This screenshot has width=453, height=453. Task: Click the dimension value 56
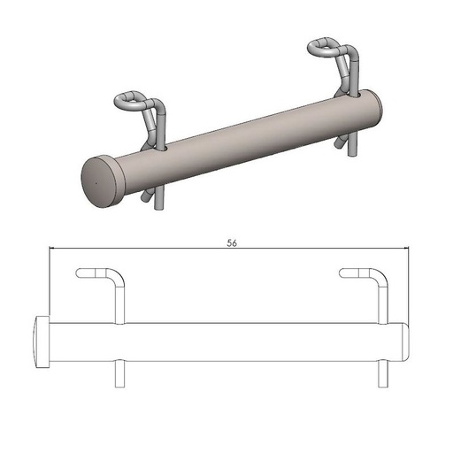(x=231, y=241)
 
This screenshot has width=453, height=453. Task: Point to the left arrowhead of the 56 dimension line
(x=52, y=249)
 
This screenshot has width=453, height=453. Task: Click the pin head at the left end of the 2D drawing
(x=41, y=342)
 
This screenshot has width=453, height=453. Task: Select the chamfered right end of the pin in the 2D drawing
(x=404, y=342)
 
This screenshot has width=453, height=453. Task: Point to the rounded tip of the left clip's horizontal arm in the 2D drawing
(x=82, y=273)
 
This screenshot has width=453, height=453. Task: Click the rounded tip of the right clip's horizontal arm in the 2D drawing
(x=344, y=273)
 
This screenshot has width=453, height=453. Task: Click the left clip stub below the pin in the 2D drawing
(x=120, y=374)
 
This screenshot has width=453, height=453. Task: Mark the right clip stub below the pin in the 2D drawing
(x=382, y=374)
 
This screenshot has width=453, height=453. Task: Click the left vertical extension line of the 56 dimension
(x=48, y=283)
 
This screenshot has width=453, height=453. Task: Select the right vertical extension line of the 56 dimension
(x=409, y=283)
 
